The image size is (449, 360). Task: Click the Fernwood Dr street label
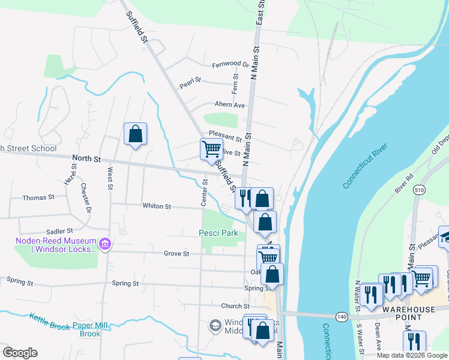point(231,64)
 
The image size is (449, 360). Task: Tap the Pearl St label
point(190,83)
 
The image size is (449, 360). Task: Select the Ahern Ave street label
point(231,104)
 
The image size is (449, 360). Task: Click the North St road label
point(86,158)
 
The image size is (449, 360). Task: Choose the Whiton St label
point(157,206)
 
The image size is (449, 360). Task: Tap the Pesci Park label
point(218,233)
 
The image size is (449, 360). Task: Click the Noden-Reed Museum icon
point(106,245)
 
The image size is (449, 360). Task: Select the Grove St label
point(176,254)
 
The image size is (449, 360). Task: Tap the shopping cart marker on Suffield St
point(211,149)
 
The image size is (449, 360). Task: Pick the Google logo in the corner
point(20,353)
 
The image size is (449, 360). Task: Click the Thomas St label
point(38,197)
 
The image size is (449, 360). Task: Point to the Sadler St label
point(59,230)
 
